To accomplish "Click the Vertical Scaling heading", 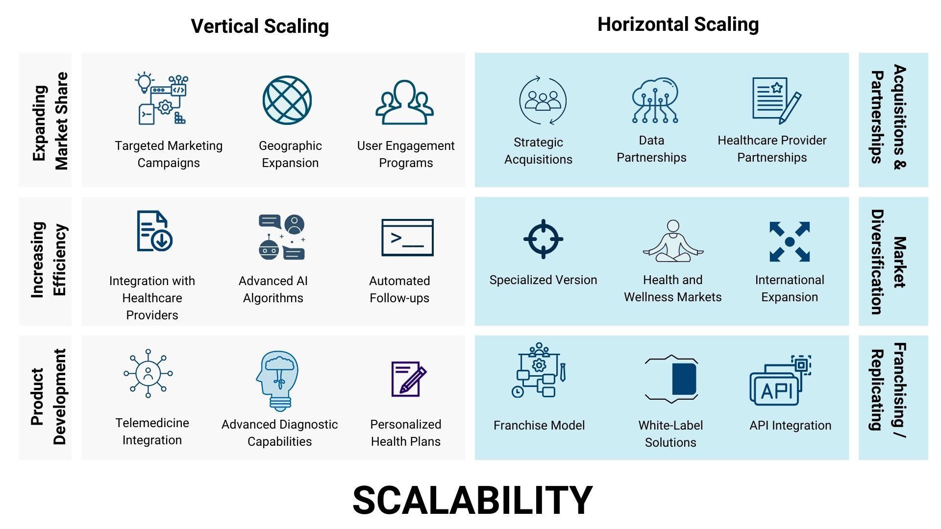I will click(260, 26).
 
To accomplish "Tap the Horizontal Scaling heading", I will click(678, 24).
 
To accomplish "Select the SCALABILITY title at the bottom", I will click(472, 500).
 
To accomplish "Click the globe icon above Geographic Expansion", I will click(287, 100).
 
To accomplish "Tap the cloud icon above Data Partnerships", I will click(655, 100).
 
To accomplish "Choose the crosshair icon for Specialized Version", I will click(543, 239).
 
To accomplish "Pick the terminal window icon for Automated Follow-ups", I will click(407, 238).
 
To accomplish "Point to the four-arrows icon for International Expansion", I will click(790, 241).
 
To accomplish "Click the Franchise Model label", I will click(539, 425).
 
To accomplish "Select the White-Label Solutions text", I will click(670, 433).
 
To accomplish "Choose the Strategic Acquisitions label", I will click(538, 151).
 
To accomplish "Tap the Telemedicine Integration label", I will click(152, 431).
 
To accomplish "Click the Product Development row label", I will click(48, 397).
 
